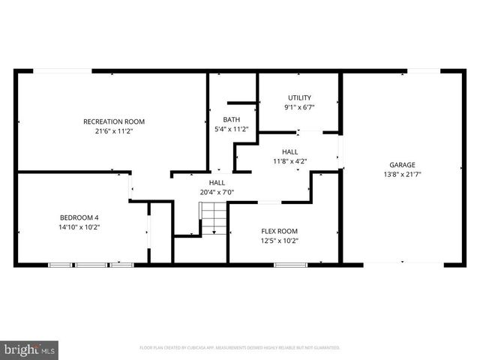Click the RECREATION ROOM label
click(113, 121)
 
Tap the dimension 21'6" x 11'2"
click(113, 131)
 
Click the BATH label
click(232, 120)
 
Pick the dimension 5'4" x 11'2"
click(232, 130)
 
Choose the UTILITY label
click(300, 97)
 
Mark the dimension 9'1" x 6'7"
click(300, 107)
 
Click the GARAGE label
click(402, 165)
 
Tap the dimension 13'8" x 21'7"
click(402, 175)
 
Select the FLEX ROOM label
click(280, 231)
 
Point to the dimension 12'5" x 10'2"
click(280, 241)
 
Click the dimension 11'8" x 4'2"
click(289, 160)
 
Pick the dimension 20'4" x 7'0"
click(217, 192)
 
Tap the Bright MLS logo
click(30, 349)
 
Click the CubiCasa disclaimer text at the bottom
click(240, 348)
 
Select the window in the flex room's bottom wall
click(290, 265)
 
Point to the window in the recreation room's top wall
click(63, 71)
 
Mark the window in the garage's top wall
click(424, 71)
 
